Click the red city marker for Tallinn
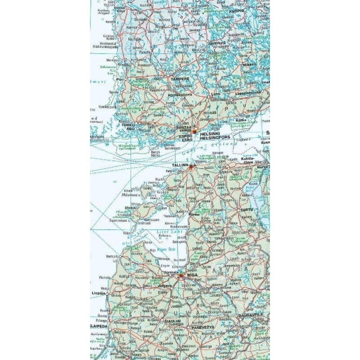191,166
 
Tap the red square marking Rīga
181,275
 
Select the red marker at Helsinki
194,131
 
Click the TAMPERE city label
179,79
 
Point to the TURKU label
130,124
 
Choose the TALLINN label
180,166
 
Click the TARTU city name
247,210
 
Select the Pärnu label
194,215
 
